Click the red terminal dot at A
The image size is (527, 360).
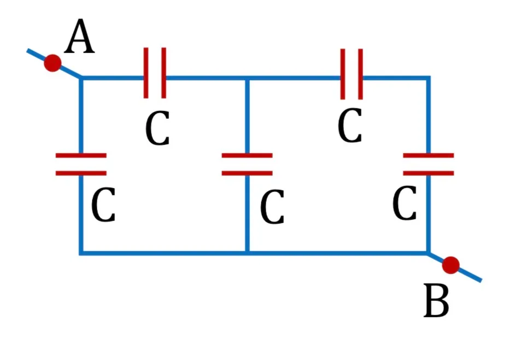(52, 63)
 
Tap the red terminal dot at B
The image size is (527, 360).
(450, 265)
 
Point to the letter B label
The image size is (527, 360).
(436, 300)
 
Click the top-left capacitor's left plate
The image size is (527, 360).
(146, 73)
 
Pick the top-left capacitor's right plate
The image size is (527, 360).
(163, 73)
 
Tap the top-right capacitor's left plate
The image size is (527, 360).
(342, 74)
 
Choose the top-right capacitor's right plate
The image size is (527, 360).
(360, 74)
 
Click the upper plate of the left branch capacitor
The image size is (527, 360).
(81, 155)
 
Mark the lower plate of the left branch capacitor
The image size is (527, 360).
(81, 173)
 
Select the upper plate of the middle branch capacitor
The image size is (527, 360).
(247, 155)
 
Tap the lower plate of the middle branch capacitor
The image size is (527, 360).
(247, 173)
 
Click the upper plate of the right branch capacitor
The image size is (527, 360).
(429, 155)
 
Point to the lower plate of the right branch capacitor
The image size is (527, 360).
(429, 173)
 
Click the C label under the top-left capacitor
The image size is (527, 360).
(157, 128)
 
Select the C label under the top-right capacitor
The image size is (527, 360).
(350, 125)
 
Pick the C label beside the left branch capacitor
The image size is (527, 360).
(103, 205)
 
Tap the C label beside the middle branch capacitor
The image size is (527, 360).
(272, 207)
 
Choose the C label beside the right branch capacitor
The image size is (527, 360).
(405, 203)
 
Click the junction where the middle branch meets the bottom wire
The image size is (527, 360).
(247, 253)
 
